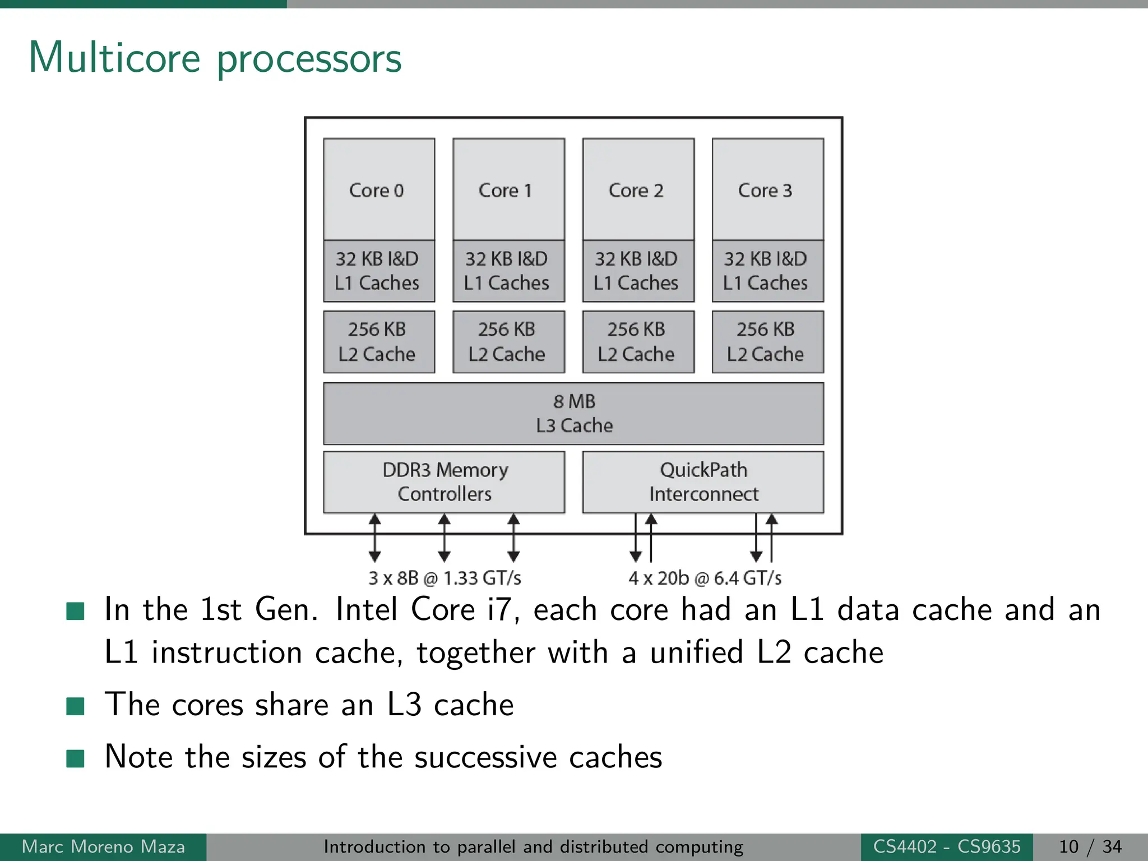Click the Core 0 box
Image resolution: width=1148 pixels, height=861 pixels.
(379, 189)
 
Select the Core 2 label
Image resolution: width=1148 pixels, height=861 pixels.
(636, 191)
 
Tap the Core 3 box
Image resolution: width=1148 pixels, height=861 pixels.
(767, 189)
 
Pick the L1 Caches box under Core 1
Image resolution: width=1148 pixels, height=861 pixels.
(508, 271)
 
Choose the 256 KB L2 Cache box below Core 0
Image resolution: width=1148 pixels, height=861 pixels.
(379, 342)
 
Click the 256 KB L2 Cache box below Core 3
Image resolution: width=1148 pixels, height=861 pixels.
(767, 342)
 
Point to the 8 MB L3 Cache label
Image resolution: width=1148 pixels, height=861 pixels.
(574, 414)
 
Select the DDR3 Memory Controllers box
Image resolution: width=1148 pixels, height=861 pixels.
(444, 482)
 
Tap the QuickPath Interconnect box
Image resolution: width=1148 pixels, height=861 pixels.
(703, 482)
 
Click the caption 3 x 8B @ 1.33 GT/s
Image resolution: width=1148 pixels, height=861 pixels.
(445, 578)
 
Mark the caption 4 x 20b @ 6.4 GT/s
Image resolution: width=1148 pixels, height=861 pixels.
(705, 578)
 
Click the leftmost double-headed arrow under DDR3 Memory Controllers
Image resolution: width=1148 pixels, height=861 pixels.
(375, 538)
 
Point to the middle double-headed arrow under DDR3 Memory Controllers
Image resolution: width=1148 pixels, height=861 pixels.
(444, 538)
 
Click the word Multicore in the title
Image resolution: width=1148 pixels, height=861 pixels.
(114, 58)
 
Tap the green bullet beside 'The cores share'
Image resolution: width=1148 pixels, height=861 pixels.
(75, 706)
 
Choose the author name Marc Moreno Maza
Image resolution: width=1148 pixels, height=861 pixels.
(103, 846)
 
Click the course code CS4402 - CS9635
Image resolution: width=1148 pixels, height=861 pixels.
(946, 846)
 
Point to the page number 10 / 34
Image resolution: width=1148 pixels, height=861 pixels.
(1090, 846)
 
